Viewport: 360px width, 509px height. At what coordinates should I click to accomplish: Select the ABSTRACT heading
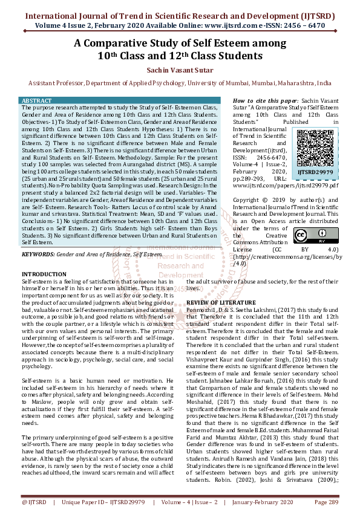38,100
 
